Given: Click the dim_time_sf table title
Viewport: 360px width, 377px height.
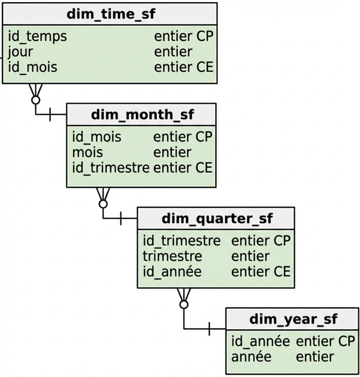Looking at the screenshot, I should click(x=111, y=14).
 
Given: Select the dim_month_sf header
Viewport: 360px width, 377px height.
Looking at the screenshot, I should click(x=142, y=115).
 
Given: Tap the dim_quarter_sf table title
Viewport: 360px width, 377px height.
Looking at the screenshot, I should click(x=217, y=218).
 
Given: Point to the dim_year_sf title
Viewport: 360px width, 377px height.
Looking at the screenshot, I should click(x=293, y=319).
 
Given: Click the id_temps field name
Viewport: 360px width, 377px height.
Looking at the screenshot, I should click(x=37, y=36).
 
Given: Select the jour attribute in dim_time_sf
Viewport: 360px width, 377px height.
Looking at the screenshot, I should click(x=20, y=52).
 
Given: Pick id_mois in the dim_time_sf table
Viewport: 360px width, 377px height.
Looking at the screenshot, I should click(x=32, y=67).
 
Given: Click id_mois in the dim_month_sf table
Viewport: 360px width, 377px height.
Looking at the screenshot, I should click(x=97, y=137).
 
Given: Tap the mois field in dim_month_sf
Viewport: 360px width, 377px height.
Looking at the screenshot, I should click(x=87, y=152).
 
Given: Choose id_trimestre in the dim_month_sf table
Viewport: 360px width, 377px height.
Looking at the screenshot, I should click(x=111, y=168).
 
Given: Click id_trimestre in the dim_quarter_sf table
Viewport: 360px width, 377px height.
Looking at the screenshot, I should click(x=182, y=241).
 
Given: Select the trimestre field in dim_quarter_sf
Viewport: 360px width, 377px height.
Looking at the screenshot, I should click(x=172, y=256).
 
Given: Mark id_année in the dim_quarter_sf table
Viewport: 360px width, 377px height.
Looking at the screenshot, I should click(x=172, y=272).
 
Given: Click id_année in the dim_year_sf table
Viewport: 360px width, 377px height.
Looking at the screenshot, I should click(x=261, y=341).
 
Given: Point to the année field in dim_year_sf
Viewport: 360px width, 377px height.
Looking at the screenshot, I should click(x=251, y=357).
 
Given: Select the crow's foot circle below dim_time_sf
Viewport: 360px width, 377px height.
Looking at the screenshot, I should click(x=35, y=100).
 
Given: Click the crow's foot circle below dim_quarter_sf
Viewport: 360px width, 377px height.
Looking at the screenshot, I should click(x=184, y=305).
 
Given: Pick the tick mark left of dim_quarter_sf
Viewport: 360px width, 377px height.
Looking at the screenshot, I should click(x=121, y=218).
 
